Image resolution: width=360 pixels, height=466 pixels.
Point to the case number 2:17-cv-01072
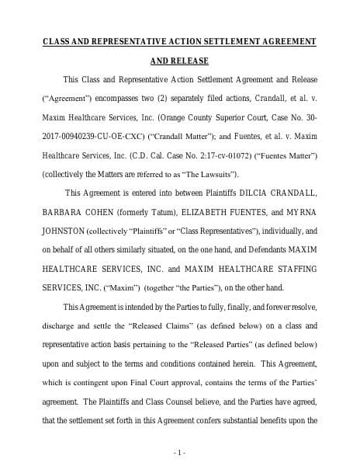[x=220, y=155]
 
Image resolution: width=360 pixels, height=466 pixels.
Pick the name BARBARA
[x=62, y=210]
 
